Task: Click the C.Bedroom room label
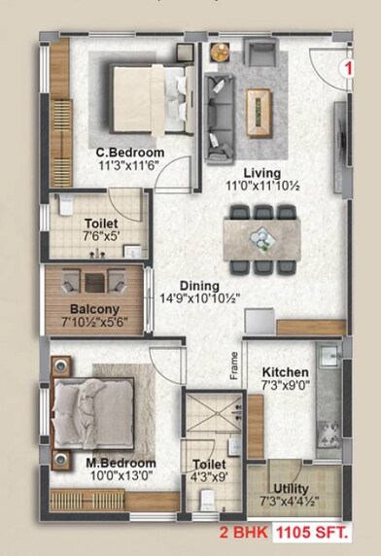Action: pyautogui.click(x=129, y=154)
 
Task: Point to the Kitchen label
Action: pyautogui.click(x=286, y=372)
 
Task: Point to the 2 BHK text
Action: pyautogui.click(x=245, y=534)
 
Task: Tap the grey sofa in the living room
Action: pyautogui.click(x=219, y=106)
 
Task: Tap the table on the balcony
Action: pyautogui.click(x=93, y=282)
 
